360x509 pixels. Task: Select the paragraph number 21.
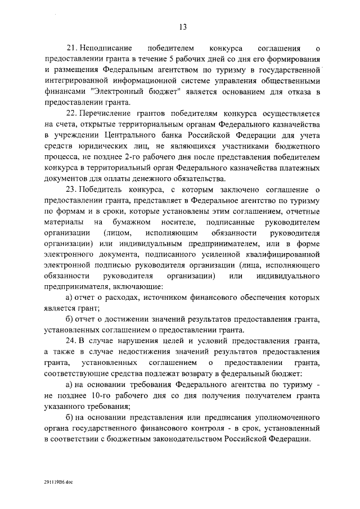[x=71, y=49]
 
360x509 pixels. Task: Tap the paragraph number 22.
[x=71, y=114]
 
